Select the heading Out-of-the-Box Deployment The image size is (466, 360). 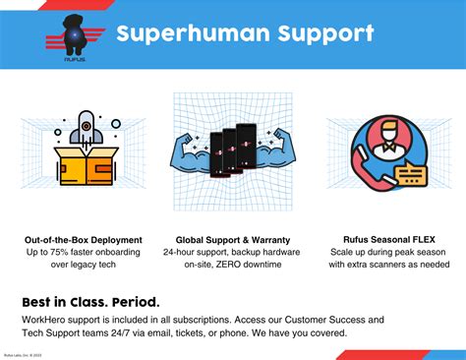point(84,239)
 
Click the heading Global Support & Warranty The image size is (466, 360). point(232,239)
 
